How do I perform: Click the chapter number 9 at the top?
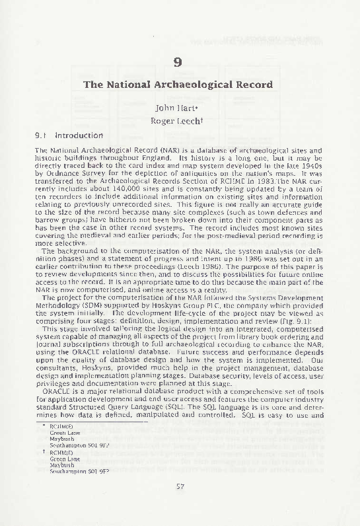click(x=177, y=63)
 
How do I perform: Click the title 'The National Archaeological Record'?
click(x=177, y=85)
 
